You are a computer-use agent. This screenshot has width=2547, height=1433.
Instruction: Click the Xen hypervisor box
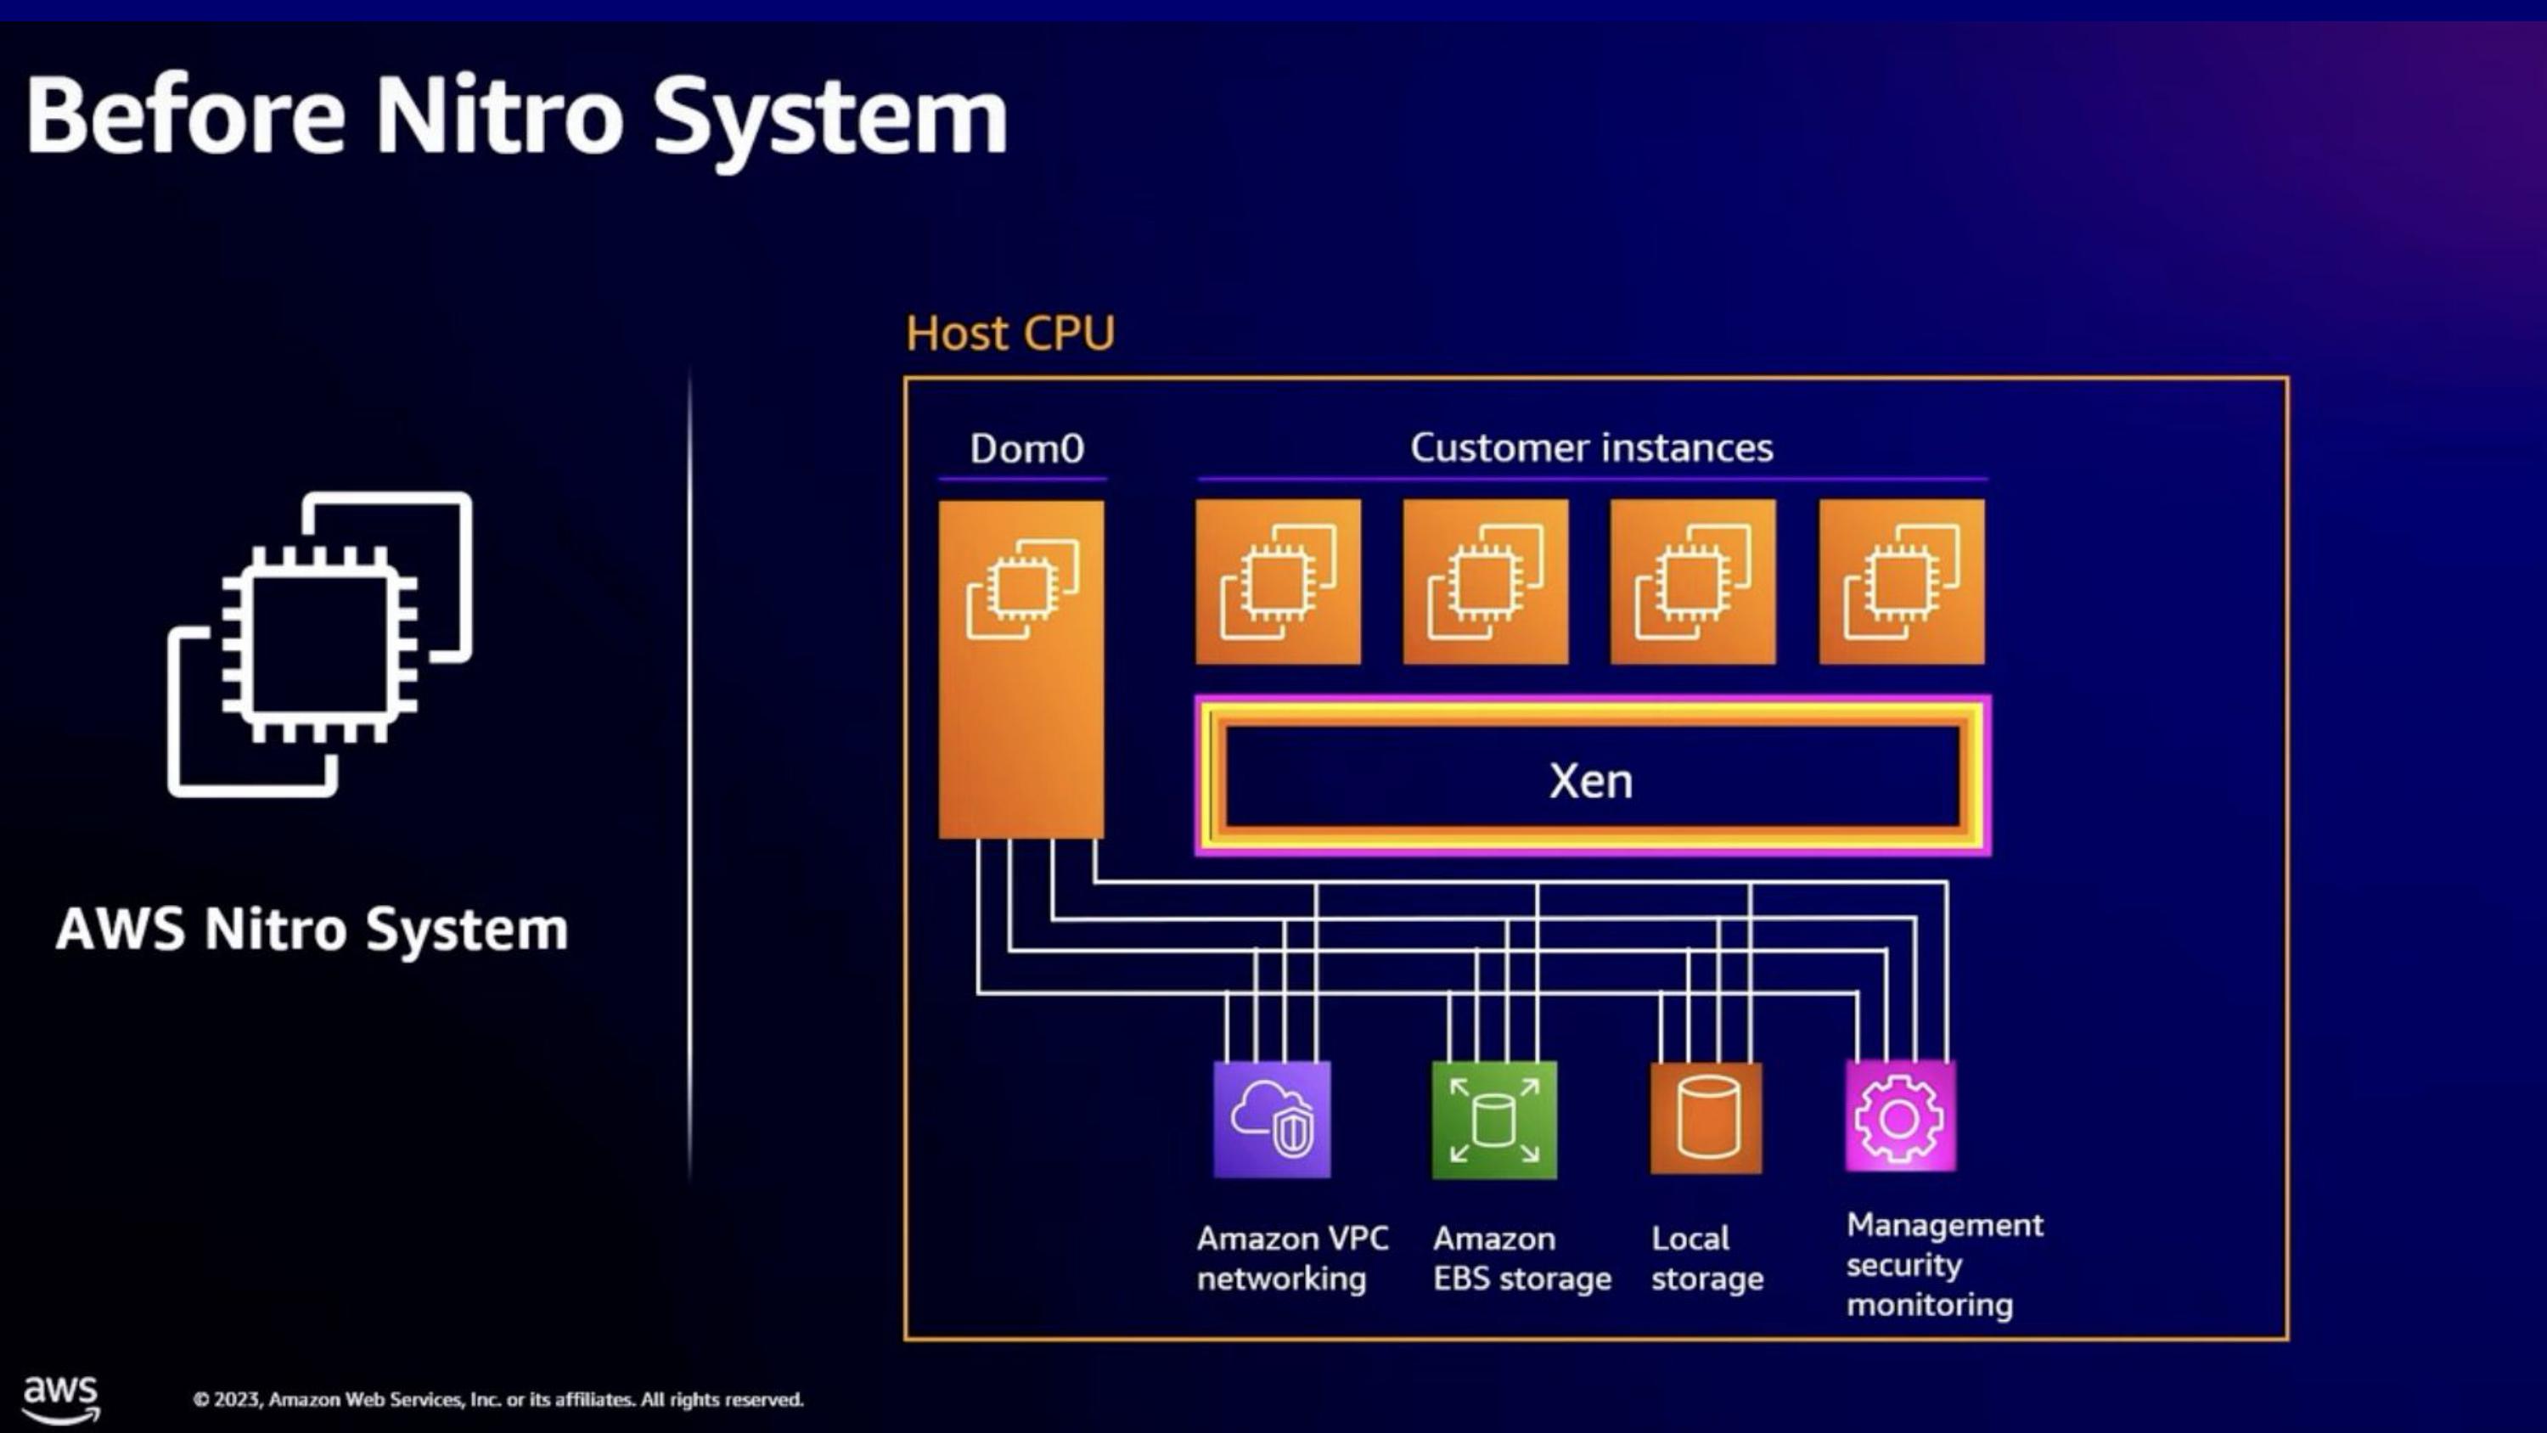pyautogui.click(x=1592, y=778)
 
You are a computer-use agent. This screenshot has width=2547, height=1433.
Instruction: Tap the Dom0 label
pyautogui.click(x=1026, y=449)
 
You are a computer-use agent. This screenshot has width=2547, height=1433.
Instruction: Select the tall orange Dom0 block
pyautogui.click(x=1021, y=670)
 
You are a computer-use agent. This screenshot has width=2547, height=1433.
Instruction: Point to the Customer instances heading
pyautogui.click(x=1591, y=448)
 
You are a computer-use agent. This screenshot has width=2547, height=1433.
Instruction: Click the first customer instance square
pyautogui.click(x=1278, y=582)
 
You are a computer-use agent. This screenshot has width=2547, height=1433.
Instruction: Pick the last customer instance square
pyautogui.click(x=1900, y=582)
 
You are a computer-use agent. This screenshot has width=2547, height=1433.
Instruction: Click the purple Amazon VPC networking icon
pyautogui.click(x=1272, y=1120)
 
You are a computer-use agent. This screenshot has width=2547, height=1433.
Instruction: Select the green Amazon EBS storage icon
pyautogui.click(x=1493, y=1120)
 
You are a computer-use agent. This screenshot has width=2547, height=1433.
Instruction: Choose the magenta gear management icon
pyautogui.click(x=1899, y=1117)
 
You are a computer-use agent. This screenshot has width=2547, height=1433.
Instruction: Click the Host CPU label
pyautogui.click(x=1009, y=334)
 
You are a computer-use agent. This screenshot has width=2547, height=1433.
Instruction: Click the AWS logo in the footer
pyautogui.click(x=60, y=1398)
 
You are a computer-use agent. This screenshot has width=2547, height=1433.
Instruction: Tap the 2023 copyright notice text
pyautogui.click(x=498, y=1399)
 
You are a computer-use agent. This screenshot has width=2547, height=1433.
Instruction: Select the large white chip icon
pyautogui.click(x=319, y=643)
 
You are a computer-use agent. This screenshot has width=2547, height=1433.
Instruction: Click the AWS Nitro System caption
pyautogui.click(x=312, y=930)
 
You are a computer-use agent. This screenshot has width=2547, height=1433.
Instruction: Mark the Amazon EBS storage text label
pyautogui.click(x=1521, y=1258)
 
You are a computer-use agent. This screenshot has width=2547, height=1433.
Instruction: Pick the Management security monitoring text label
pyautogui.click(x=1943, y=1265)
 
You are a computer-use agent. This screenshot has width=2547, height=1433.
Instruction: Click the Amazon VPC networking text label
pyautogui.click(x=1291, y=1258)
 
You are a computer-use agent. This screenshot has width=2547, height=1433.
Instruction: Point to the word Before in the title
pyautogui.click(x=186, y=116)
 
